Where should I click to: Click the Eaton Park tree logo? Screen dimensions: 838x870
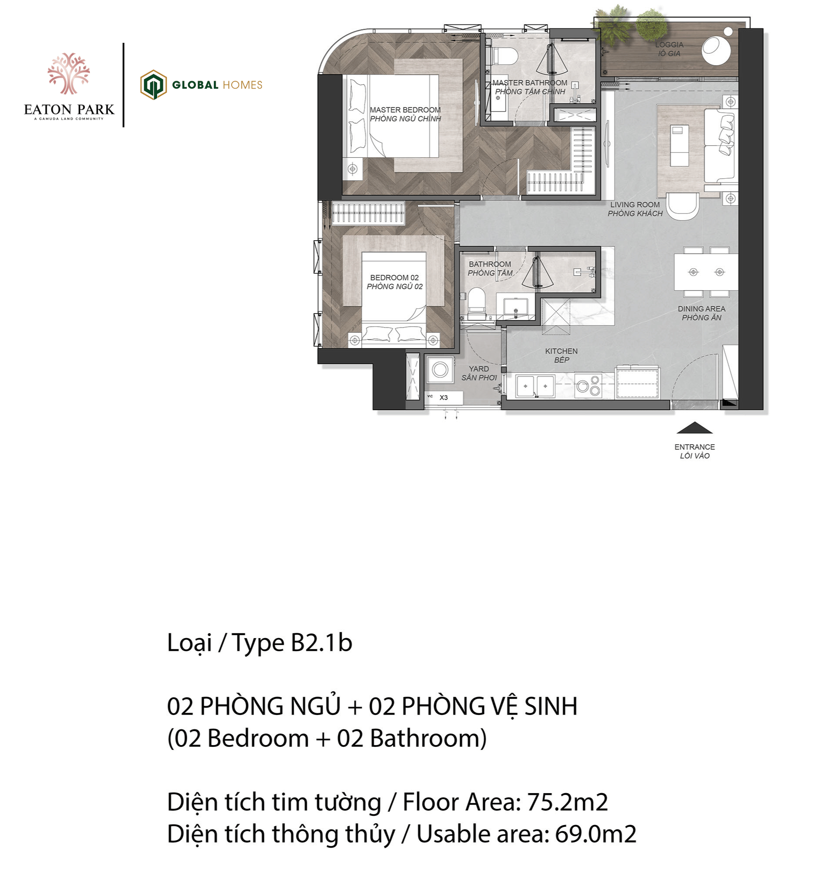tap(69, 74)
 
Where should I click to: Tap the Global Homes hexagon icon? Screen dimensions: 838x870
tap(153, 85)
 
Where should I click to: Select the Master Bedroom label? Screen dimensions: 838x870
tap(405, 114)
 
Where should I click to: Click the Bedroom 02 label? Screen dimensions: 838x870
tap(395, 282)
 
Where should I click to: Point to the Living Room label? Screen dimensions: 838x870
tap(635, 209)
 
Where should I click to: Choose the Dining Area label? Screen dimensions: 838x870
tap(701, 313)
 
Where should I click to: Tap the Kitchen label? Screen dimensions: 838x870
tap(561, 355)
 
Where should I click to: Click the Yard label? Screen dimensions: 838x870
tap(479, 373)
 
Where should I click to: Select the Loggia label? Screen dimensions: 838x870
tap(669, 49)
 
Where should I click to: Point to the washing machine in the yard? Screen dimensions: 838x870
tap(440, 369)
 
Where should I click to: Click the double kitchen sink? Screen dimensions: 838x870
tap(535, 386)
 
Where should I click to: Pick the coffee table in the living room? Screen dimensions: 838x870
tap(679, 145)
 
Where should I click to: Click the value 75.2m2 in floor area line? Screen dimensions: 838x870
tap(567, 802)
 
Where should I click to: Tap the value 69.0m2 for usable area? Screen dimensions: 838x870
tap(595, 834)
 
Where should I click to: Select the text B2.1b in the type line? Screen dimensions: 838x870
tap(321, 642)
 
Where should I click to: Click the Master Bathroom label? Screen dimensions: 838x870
tap(530, 87)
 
